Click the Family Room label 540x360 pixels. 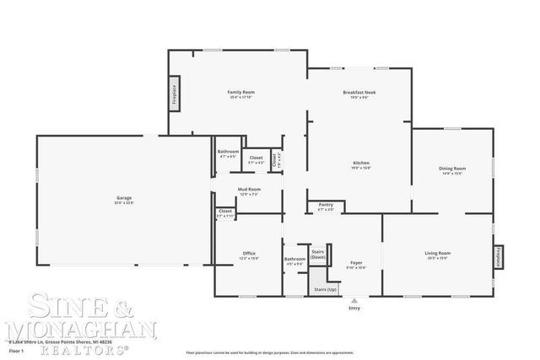[241, 92]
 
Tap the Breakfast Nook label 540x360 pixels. [359, 92]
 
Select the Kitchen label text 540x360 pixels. [360, 163]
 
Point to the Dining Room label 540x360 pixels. [452, 169]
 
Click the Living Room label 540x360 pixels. [437, 253]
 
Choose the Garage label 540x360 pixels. [124, 199]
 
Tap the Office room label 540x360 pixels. [249, 253]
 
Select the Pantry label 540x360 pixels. [325, 204]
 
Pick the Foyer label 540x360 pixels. [356, 263]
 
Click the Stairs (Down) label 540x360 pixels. [318, 254]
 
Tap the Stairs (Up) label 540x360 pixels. [325, 289]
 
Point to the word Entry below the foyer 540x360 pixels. [354, 308]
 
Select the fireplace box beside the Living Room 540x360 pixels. [498, 257]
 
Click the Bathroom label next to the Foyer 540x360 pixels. [294, 259]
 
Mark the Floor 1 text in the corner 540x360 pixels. [17, 347]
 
